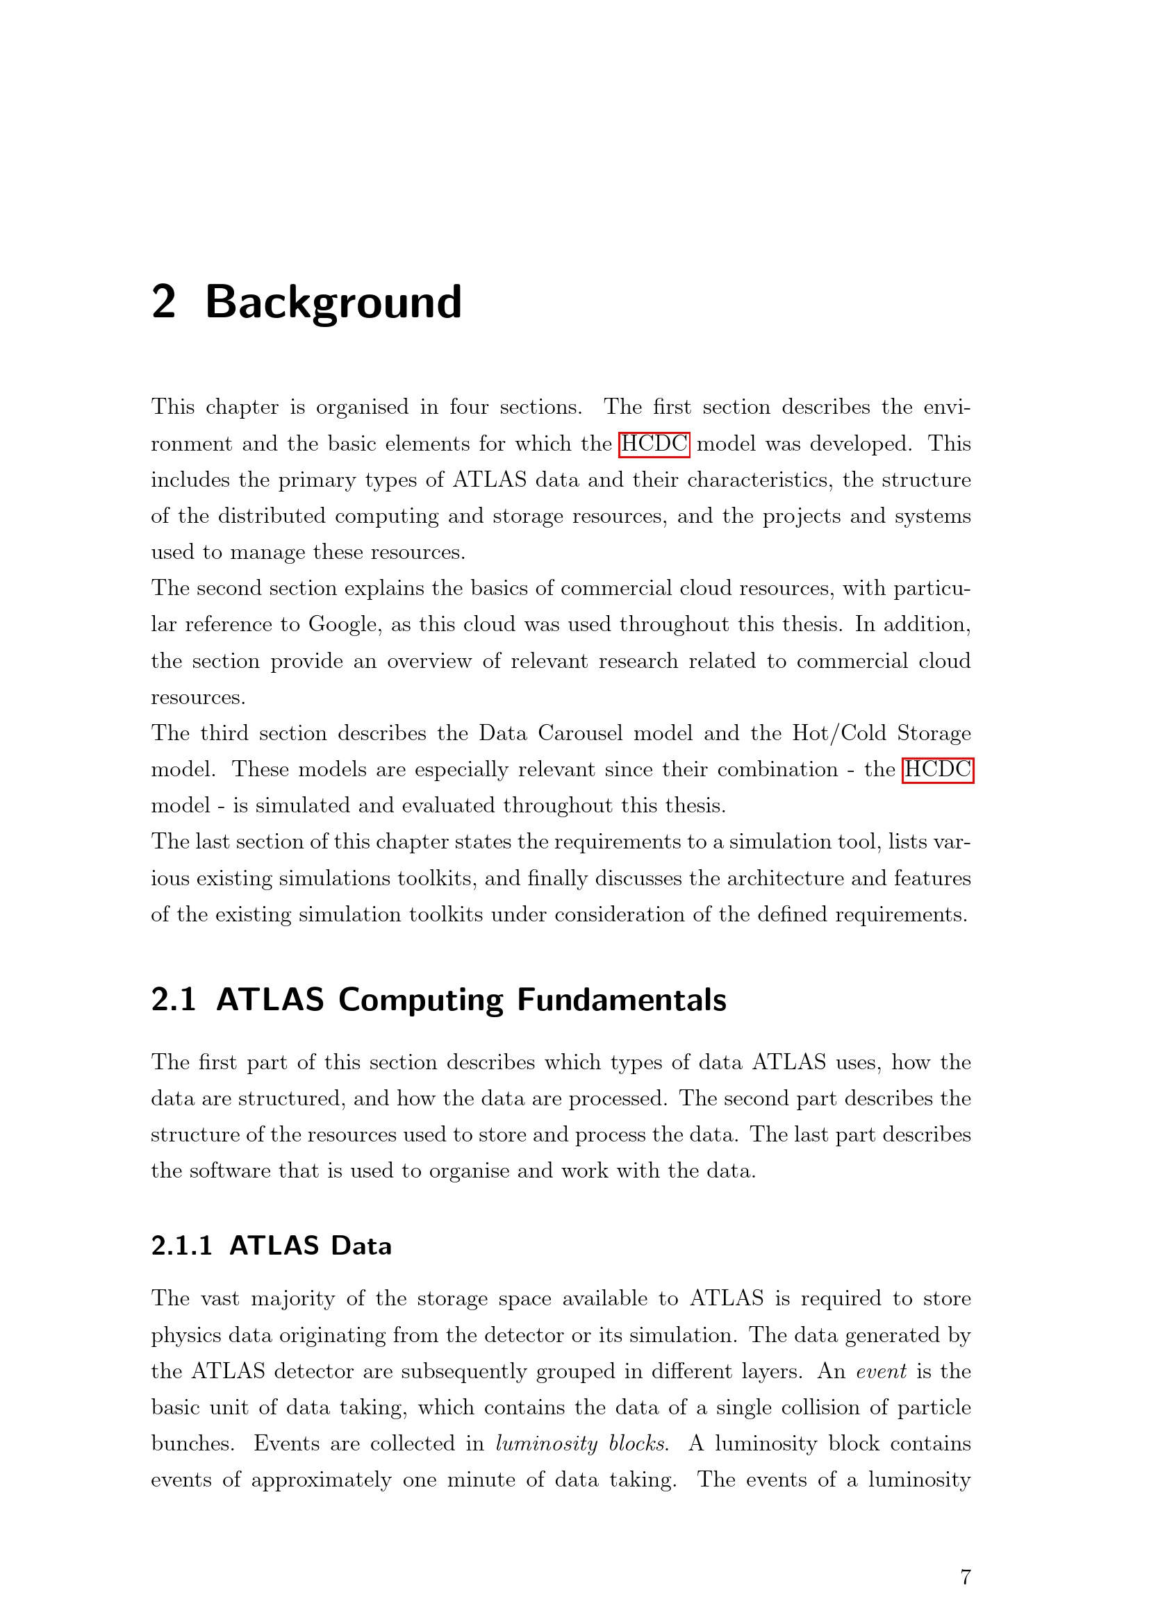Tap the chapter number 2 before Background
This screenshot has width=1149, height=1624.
pyautogui.click(x=163, y=303)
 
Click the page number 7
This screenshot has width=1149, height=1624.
pyautogui.click(x=965, y=1577)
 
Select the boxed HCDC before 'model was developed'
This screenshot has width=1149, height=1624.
pyautogui.click(x=654, y=444)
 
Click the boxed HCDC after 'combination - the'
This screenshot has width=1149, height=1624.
pyautogui.click(x=937, y=769)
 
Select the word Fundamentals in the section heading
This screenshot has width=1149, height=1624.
pyautogui.click(x=621, y=1000)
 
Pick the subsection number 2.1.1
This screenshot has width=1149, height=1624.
pyautogui.click(x=182, y=1246)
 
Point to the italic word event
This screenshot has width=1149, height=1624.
pyautogui.click(x=881, y=1371)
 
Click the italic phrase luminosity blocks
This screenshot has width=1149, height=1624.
pyautogui.click(x=581, y=1443)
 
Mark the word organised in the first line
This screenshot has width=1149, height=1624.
pyautogui.click(x=362, y=408)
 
